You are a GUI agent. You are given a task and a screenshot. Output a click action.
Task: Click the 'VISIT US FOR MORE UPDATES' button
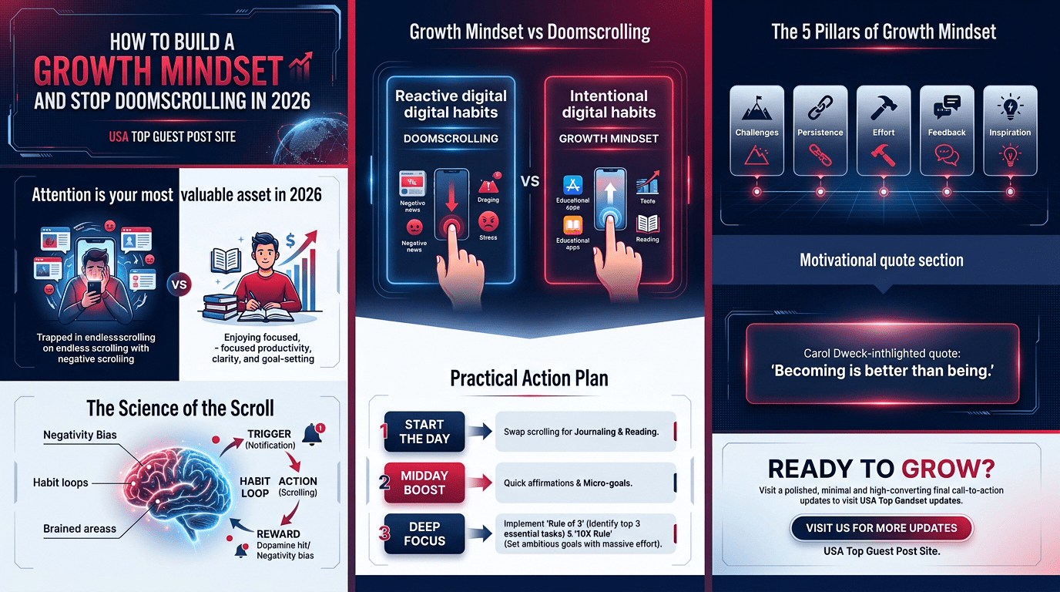881,528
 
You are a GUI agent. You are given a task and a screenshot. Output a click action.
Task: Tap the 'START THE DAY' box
424,432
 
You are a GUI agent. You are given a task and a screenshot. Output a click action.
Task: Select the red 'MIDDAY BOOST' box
424,483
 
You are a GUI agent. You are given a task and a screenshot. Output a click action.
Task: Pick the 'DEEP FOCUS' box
424,533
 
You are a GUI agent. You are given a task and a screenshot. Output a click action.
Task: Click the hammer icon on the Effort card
883,107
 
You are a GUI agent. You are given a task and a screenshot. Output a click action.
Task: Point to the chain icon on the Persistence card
820,107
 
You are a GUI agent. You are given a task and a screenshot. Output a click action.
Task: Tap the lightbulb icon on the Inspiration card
1009,107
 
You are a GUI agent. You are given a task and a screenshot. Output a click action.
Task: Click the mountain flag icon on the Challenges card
756,107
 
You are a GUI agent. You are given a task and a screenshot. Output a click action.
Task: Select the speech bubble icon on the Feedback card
946,107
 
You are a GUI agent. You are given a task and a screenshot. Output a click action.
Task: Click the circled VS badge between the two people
178,284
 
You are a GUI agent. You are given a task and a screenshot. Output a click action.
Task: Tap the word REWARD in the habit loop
279,533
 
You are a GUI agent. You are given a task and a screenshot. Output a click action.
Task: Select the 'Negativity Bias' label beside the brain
80,435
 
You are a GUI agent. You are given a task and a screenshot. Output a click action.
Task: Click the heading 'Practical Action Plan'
529,378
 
